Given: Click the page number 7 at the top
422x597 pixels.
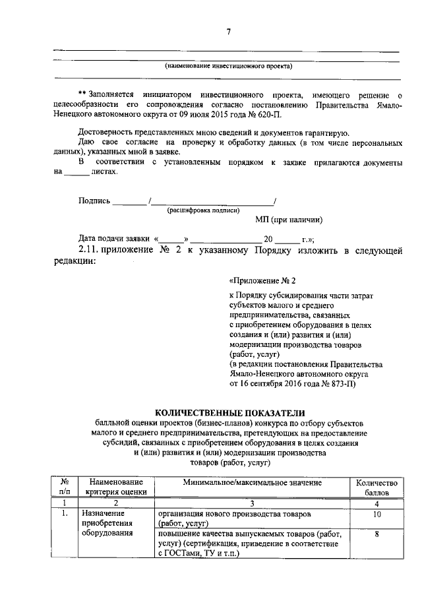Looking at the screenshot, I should point(227,32).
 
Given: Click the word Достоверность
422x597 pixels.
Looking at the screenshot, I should point(107,133).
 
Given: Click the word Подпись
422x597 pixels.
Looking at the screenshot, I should point(94,201).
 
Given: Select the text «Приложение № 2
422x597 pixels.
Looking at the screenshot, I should point(258,280).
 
